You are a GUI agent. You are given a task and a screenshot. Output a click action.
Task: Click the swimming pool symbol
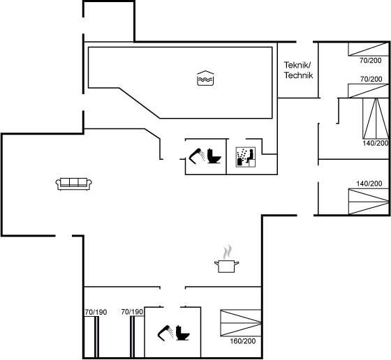pos(205,78)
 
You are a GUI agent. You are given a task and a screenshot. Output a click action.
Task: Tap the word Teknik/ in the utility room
pos(297,65)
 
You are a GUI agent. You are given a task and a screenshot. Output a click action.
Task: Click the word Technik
pos(299,75)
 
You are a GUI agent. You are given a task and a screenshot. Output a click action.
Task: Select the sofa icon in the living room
pos(73,184)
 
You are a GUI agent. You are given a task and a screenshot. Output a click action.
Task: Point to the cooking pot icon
pos(226,266)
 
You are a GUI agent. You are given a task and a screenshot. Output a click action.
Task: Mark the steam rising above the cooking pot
pos(227,252)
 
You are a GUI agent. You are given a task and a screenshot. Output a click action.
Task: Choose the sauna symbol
pos(246,157)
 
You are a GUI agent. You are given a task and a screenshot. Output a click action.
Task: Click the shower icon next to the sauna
pos(196,156)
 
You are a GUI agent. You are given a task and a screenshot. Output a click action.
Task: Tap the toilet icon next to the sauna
pos(214,156)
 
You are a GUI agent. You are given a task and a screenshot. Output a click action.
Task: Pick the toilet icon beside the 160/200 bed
pos(182,333)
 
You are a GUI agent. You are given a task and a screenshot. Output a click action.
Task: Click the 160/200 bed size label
pos(243,341)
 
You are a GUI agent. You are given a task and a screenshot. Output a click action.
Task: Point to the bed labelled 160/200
pos(241,323)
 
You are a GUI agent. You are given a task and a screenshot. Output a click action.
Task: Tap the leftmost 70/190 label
pos(96,312)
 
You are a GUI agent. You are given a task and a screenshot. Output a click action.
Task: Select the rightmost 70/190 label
pos(132,312)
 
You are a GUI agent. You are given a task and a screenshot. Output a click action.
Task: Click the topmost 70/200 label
pos(371,60)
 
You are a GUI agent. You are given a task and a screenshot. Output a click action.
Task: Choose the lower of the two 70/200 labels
pos(371,79)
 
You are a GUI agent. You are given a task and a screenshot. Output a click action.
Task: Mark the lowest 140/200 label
pos(369,183)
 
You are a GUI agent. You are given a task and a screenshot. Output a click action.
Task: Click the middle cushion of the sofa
pos(73,182)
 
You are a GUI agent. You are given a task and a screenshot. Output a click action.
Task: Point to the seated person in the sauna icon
pos(251,155)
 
